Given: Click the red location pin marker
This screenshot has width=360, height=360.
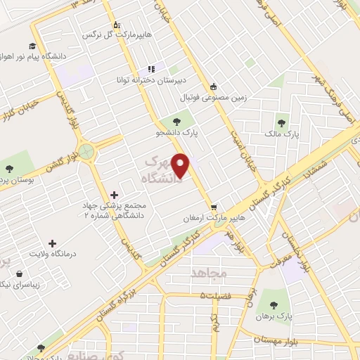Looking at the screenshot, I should [x=181, y=165].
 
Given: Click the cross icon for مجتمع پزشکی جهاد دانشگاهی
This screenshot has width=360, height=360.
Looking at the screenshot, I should [x=115, y=194].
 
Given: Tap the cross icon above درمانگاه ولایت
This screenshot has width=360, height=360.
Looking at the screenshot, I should [x=52, y=243].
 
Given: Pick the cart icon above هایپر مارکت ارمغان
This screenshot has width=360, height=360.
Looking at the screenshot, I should [x=214, y=207].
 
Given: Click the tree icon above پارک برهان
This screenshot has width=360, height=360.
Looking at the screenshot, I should [x=274, y=306].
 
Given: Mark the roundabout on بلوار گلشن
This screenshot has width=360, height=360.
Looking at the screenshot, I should [x=86, y=150].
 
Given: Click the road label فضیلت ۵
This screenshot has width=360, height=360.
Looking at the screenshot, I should [x=216, y=295].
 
